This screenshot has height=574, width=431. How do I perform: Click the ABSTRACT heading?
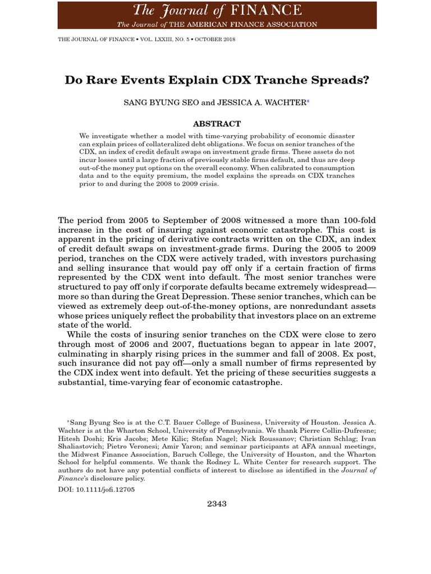[x=217, y=124]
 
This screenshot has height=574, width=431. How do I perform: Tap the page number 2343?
[x=216, y=504]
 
